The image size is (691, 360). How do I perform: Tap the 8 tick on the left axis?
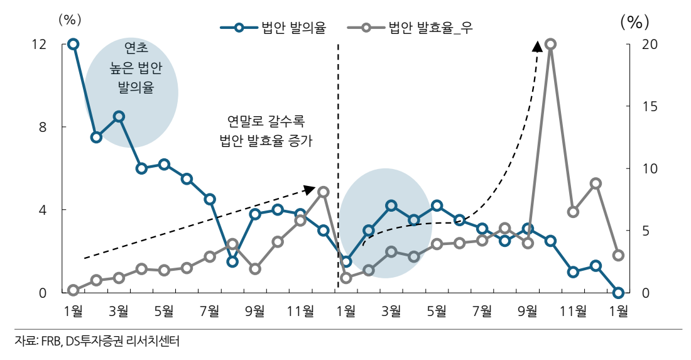[x=42, y=127]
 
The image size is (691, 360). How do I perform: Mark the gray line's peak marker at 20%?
[x=550, y=44]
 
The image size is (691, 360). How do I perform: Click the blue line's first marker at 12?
[x=73, y=44]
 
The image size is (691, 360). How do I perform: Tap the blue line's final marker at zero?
[x=618, y=293]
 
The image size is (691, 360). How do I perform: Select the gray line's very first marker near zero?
[x=73, y=290]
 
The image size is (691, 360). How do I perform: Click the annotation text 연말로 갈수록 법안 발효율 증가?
[x=266, y=131]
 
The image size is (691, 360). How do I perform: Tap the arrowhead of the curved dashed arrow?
[x=538, y=46]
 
